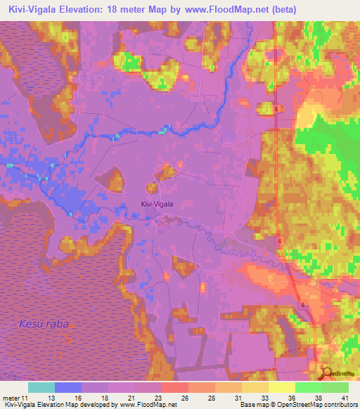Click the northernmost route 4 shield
(278, 110)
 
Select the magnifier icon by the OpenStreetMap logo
(324, 372)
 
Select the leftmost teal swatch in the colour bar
(41, 387)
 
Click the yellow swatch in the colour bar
(282, 387)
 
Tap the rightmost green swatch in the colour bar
(335, 387)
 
